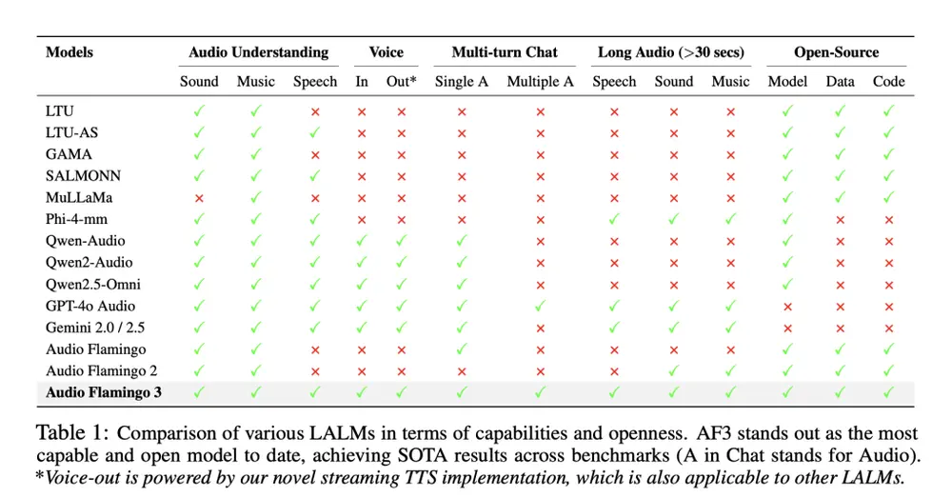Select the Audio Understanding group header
point(258,52)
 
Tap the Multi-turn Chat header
point(505,52)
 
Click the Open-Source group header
point(837,52)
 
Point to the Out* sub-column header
point(401,82)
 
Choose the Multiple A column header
point(540,82)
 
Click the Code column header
point(888,82)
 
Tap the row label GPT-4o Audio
point(90,306)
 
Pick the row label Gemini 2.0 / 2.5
point(96,328)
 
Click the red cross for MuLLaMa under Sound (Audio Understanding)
point(199,198)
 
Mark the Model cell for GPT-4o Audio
point(787,307)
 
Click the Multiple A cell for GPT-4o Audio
point(540,307)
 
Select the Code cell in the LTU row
point(888,111)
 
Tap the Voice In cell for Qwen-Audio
point(362,242)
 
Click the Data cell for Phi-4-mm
point(840,220)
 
